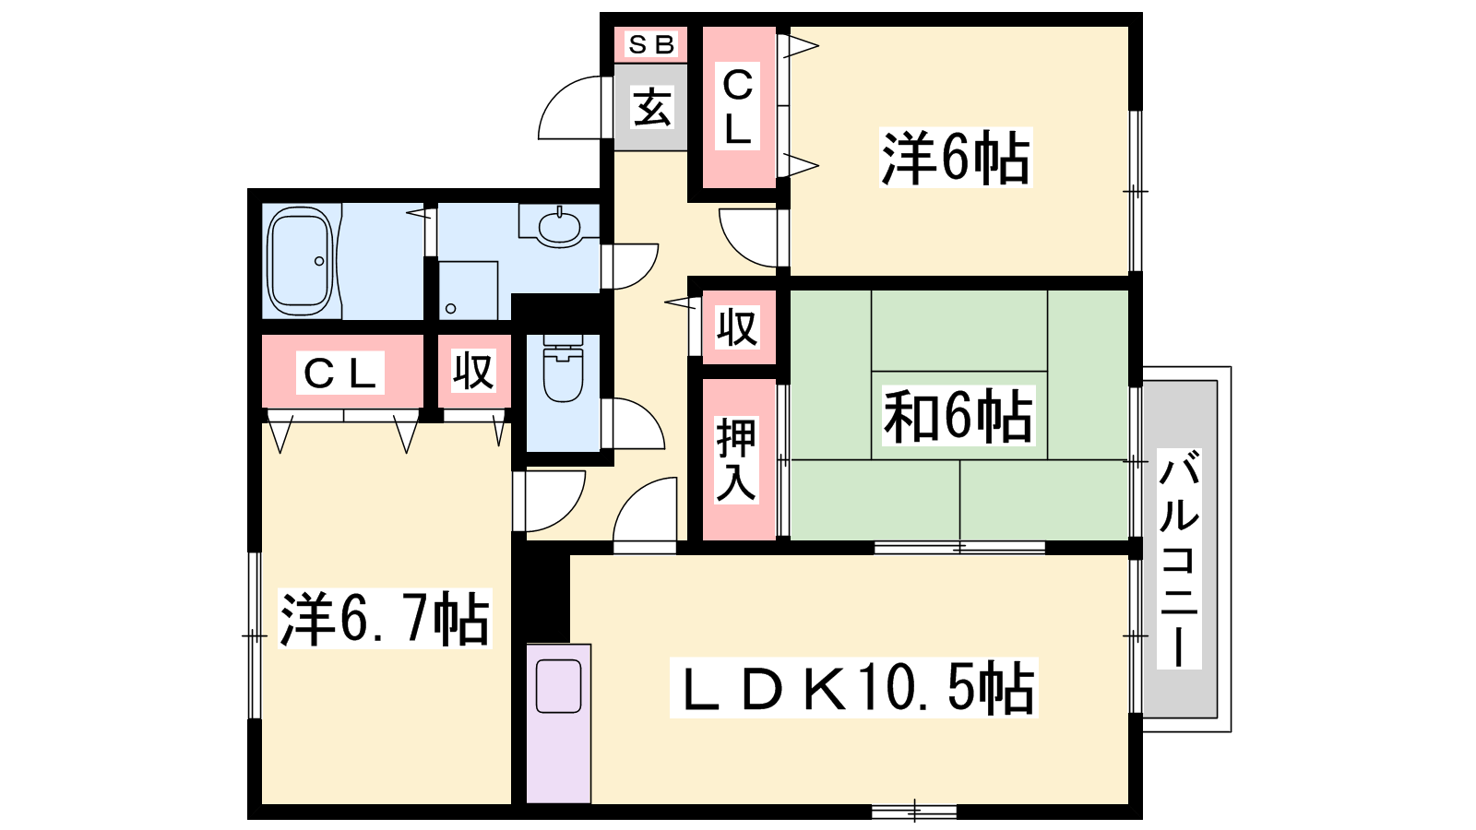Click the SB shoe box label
[x=651, y=44]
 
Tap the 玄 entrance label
[x=651, y=107]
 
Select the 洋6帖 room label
[x=956, y=158]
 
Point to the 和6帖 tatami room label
[x=958, y=416]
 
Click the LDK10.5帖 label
[x=854, y=688]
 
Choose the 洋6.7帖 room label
[x=385, y=619]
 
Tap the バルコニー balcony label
[x=1179, y=559]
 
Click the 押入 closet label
[x=736, y=460]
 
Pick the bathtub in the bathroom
[x=301, y=262]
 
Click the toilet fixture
[x=564, y=368]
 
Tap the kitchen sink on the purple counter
[x=558, y=687]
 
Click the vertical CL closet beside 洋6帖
[x=739, y=107]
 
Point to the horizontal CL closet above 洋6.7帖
[x=342, y=372]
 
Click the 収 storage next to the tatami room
[x=739, y=326]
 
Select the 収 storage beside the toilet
[x=474, y=372]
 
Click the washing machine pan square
[x=468, y=290]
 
